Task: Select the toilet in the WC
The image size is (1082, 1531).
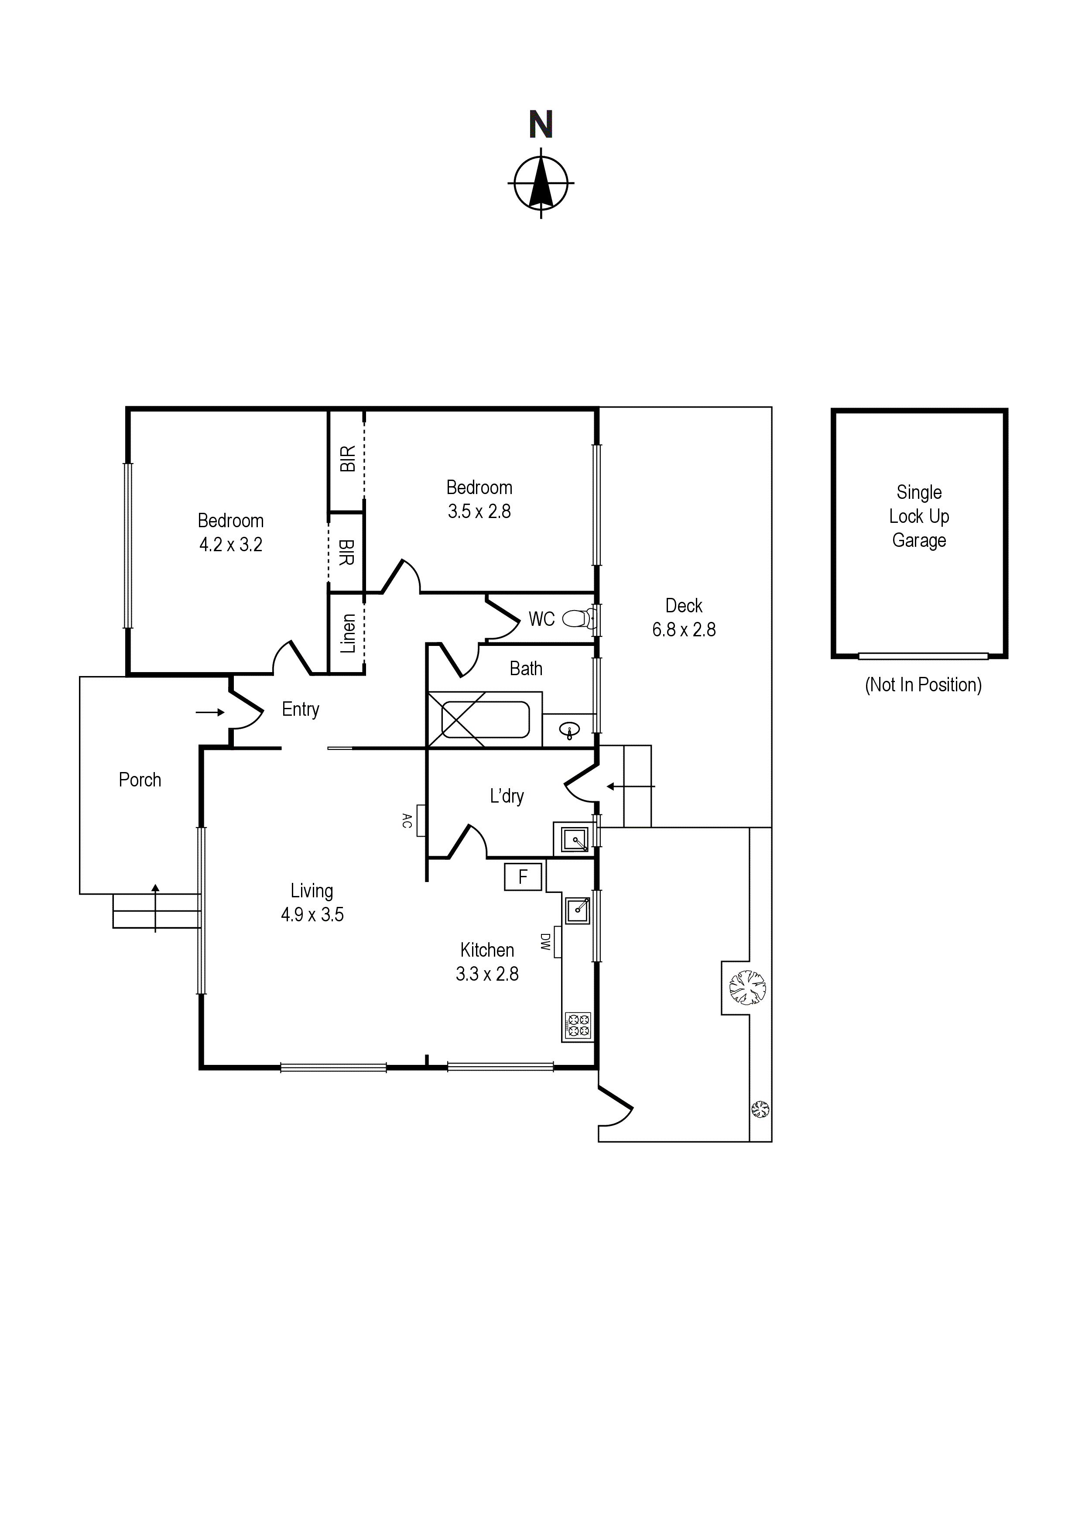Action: [x=579, y=619]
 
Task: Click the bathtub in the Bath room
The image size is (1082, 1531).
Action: [x=485, y=720]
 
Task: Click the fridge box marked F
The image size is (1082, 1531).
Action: [x=523, y=876]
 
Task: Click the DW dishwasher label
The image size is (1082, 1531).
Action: [x=544, y=941]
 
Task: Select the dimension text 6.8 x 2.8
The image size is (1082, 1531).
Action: [x=684, y=629]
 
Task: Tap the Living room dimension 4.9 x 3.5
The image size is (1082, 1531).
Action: [x=312, y=914]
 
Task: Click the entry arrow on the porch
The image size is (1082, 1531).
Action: [x=210, y=712]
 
